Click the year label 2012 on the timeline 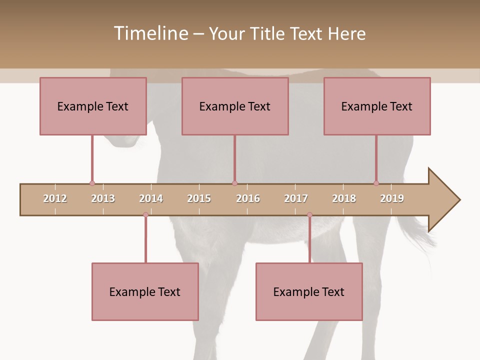click(55, 198)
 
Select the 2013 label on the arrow click(103, 198)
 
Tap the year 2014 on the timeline click(151, 198)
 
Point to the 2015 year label click(199, 198)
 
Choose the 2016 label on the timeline click(248, 198)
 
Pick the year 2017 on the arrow click(296, 198)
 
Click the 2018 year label click(344, 198)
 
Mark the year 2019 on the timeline click(392, 198)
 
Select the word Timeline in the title click(150, 33)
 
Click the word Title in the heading click(268, 33)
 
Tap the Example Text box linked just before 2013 click(93, 106)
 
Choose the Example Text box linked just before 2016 click(235, 106)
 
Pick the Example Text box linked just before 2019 click(377, 106)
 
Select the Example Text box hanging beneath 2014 click(145, 291)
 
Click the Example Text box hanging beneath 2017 click(309, 291)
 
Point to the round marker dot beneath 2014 click(145, 215)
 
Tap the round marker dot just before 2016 click(234, 183)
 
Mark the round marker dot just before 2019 click(376, 183)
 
